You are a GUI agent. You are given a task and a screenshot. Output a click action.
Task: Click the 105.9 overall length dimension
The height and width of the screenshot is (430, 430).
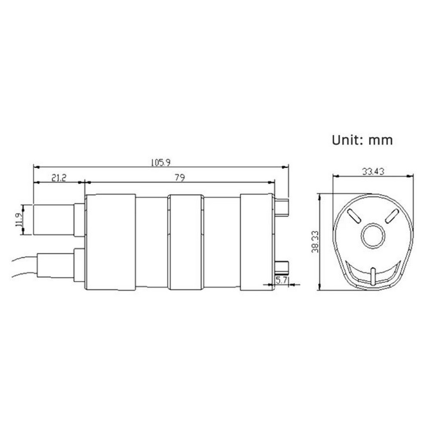[161, 163]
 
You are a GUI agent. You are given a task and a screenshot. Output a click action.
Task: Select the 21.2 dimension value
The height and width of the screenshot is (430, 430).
[59, 178]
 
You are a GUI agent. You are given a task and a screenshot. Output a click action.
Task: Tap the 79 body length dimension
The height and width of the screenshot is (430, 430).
[180, 178]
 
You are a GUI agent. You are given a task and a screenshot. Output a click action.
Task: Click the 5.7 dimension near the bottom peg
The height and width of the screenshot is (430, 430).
[281, 280]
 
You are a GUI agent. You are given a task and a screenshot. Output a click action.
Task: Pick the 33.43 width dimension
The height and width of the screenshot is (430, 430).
[373, 172]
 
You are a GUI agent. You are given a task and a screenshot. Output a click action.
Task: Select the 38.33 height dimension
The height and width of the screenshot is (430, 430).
[315, 242]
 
